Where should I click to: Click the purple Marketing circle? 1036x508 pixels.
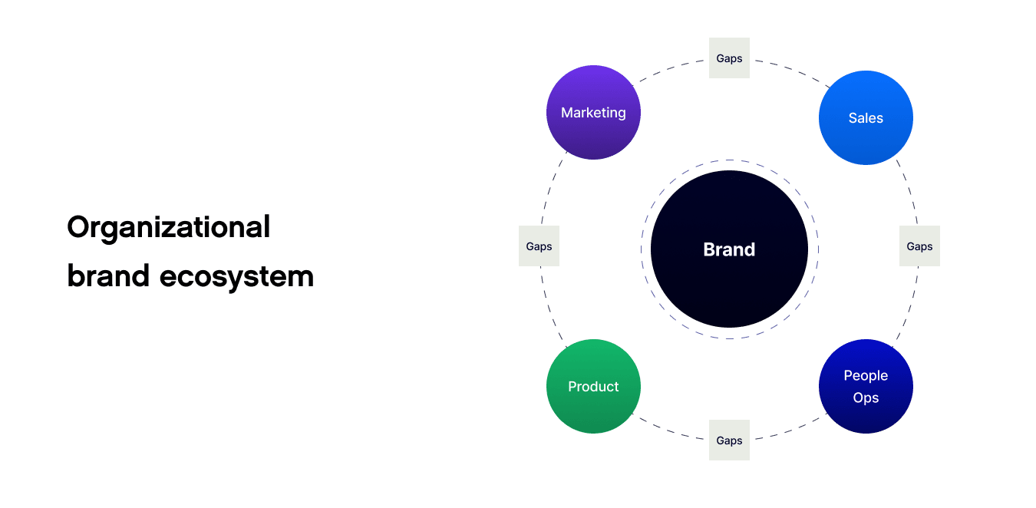click(x=593, y=130)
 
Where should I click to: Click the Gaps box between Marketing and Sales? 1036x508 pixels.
click(x=729, y=58)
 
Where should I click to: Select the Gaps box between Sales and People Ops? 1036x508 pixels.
click(x=919, y=246)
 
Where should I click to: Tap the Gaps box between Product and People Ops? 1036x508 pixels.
click(x=729, y=440)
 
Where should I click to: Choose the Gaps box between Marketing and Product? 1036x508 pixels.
click(x=539, y=246)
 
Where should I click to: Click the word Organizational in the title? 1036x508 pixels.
click(x=169, y=227)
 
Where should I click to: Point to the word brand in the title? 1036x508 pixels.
click(x=107, y=275)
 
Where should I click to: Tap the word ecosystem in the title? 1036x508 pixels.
click(x=236, y=276)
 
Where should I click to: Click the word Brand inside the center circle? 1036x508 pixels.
click(x=729, y=249)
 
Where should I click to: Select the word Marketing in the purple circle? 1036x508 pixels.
click(x=593, y=113)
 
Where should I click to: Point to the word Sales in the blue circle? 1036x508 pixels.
click(x=866, y=118)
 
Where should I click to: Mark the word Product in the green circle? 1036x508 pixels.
click(x=593, y=387)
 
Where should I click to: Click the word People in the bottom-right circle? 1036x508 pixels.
click(x=866, y=375)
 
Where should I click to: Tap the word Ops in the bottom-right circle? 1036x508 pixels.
click(x=866, y=397)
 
